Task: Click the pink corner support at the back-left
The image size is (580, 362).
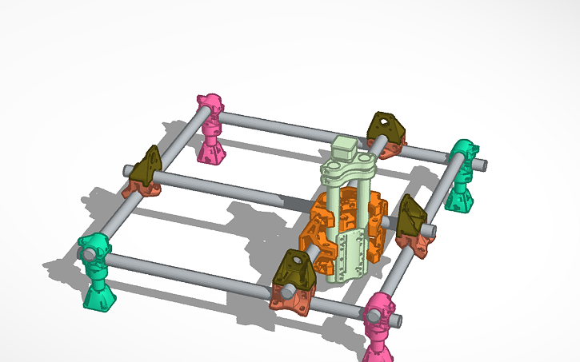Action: [212, 128]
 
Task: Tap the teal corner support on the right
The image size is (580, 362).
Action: [462, 176]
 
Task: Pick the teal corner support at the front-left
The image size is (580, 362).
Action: [98, 272]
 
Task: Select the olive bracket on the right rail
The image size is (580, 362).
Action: [412, 216]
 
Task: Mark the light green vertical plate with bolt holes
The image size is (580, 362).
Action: [349, 256]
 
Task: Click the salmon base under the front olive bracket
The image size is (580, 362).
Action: [291, 298]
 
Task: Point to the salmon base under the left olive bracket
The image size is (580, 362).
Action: [142, 187]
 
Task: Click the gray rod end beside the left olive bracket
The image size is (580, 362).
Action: [128, 170]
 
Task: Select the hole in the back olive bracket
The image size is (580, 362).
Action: [386, 123]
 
